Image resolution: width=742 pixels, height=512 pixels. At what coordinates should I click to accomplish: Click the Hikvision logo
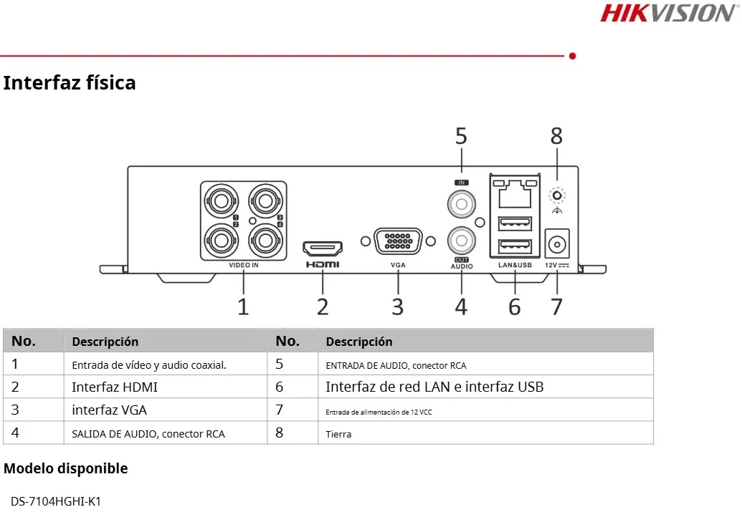[667, 13]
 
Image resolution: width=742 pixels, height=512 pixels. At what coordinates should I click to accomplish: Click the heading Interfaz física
[70, 83]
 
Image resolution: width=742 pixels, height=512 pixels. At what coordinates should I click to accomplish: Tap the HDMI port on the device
[323, 248]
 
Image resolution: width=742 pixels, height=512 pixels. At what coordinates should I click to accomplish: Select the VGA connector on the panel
[398, 241]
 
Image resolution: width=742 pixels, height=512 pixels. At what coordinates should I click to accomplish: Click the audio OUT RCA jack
[461, 239]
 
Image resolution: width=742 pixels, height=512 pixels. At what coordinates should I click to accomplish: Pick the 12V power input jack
[556, 245]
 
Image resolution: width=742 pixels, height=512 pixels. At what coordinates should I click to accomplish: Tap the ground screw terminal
[556, 195]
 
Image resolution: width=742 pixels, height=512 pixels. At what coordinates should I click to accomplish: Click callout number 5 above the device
[461, 135]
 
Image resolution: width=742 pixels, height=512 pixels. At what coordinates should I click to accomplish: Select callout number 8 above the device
[556, 135]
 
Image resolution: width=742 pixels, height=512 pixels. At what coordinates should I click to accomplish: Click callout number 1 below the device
[244, 306]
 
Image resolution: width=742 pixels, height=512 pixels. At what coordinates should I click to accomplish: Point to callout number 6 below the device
[514, 306]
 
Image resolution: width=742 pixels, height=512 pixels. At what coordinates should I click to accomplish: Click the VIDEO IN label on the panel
[244, 265]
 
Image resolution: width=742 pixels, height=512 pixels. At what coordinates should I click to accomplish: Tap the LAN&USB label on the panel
[514, 265]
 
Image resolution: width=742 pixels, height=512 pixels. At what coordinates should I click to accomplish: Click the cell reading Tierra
[338, 434]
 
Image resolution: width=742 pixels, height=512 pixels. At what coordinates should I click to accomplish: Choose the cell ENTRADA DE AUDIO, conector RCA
[396, 365]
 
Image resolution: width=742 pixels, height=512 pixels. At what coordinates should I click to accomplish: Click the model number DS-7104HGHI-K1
[56, 501]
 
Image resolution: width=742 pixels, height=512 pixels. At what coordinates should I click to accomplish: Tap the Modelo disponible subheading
[66, 469]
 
